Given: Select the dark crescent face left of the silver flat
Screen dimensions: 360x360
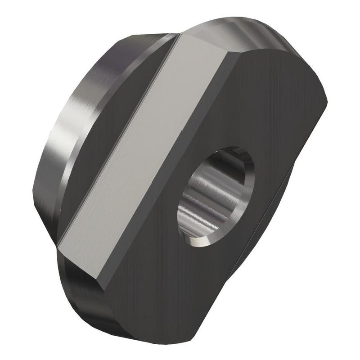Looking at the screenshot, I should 108,112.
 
